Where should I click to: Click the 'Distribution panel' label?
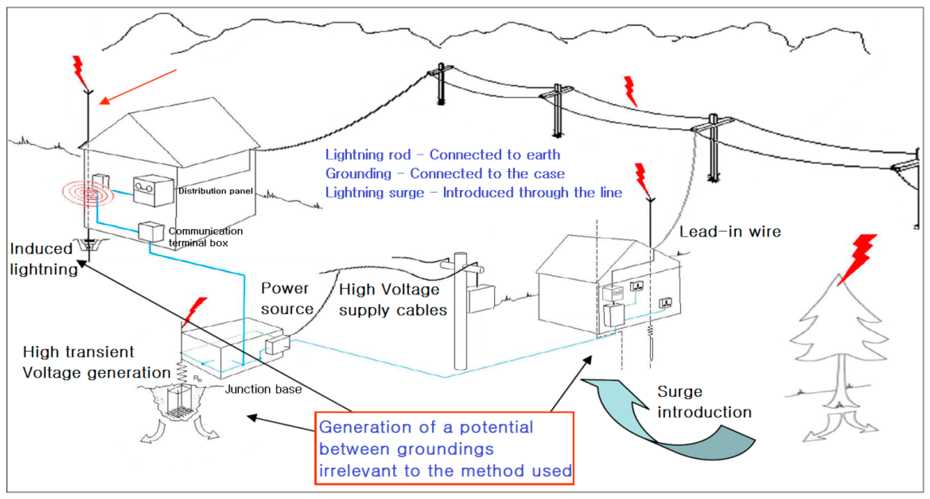tap(215, 191)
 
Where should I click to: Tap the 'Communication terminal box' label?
tap(205, 237)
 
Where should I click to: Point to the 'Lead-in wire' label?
tap(730, 232)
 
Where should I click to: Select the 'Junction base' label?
tap(263, 389)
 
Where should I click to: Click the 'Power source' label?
tap(287, 299)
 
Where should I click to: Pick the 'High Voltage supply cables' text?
tap(392, 299)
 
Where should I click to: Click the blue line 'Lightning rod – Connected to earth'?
tap(442, 155)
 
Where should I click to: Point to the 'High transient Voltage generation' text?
tap(96, 362)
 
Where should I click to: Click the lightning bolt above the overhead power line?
tap(630, 91)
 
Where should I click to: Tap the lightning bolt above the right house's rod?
tap(642, 179)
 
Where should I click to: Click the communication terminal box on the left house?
tap(151, 231)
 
